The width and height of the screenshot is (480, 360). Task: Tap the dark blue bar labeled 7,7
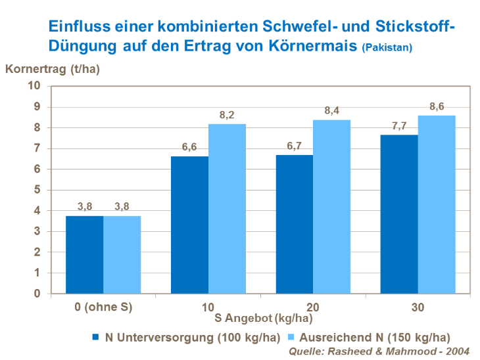[399, 214]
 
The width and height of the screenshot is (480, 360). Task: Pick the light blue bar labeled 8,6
[437, 204]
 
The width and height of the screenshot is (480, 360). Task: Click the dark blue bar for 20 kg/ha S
[294, 224]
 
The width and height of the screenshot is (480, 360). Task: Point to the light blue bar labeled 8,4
[331, 206]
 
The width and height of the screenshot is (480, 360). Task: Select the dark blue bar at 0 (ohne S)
[84, 254]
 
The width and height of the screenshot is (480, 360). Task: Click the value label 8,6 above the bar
[437, 106]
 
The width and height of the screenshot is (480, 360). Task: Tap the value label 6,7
[294, 145]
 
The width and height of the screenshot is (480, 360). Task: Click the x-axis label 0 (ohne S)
[103, 307]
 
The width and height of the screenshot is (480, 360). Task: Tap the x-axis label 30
[417, 307]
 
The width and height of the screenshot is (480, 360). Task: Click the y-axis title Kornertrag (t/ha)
[52, 68]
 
